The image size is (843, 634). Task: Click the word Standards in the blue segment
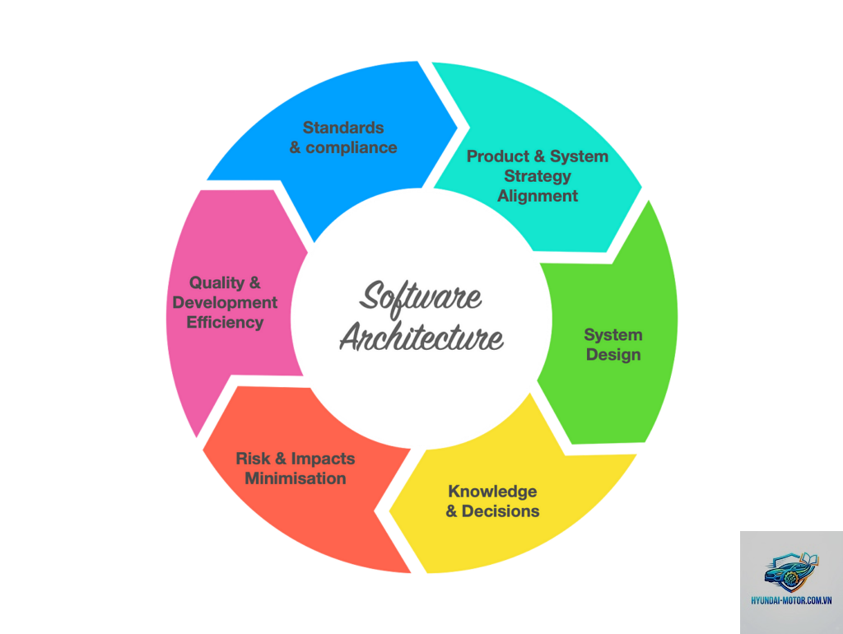[343, 128]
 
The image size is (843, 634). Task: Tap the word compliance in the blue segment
[351, 148]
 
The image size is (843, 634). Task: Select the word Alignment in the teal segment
[538, 196]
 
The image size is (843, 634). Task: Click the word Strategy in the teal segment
[538, 176]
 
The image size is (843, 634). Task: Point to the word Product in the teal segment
[498, 156]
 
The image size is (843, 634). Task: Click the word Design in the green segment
[613, 355]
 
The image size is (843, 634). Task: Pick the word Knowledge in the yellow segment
[492, 492]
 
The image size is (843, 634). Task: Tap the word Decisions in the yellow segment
[501, 510]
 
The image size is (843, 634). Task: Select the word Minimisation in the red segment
[296, 478]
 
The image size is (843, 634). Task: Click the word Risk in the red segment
[253, 459]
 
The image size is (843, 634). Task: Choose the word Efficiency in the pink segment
[225, 323]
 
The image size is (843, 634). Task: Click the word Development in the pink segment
[225, 303]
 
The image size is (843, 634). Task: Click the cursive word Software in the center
[421, 298]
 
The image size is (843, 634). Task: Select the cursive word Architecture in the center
[421, 338]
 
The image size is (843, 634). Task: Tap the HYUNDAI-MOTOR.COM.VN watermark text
[791, 600]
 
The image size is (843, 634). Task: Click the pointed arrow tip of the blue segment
[457, 128]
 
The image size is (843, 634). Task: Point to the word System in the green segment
[613, 335]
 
